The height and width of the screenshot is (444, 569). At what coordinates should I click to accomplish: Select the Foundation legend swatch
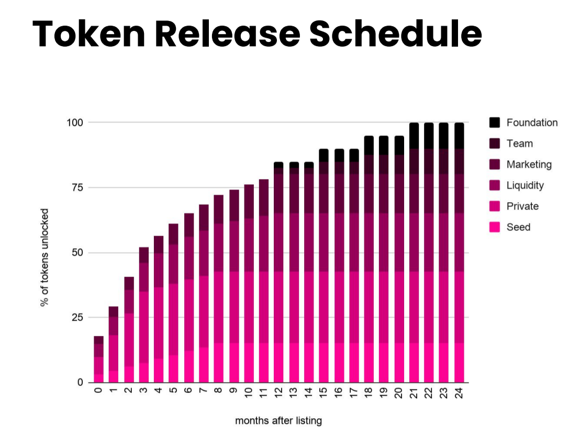point(495,123)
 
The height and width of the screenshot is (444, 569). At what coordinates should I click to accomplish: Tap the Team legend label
point(520,143)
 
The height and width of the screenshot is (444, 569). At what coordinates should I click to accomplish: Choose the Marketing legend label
point(529,164)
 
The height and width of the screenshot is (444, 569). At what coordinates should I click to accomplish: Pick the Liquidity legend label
point(525,185)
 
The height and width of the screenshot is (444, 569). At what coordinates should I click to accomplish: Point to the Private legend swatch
point(495,206)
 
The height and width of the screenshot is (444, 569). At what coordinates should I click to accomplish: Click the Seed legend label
point(518,227)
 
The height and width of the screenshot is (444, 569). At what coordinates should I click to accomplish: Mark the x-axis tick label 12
point(278,394)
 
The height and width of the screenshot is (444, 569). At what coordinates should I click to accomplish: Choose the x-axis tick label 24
point(459,394)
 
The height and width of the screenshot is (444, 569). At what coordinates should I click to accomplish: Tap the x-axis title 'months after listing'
point(278,420)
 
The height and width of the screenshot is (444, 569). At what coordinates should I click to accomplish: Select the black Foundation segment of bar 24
point(459,136)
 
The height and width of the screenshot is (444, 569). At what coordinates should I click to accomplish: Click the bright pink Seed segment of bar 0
point(98,378)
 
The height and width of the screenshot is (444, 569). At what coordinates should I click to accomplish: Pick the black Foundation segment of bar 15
point(323,155)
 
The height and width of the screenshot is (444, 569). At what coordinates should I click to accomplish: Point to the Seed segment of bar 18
point(369,362)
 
